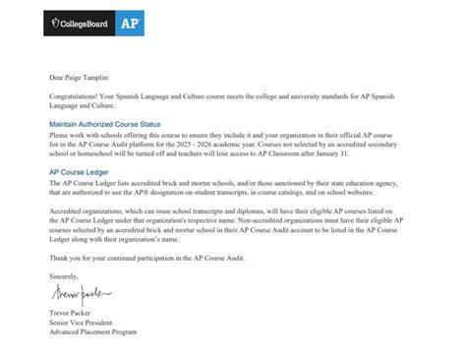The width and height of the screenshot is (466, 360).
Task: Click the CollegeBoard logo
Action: pos(78,21)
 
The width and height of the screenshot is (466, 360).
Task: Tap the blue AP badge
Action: pos(128,21)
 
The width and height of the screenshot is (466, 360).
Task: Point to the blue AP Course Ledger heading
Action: pos(78,172)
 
